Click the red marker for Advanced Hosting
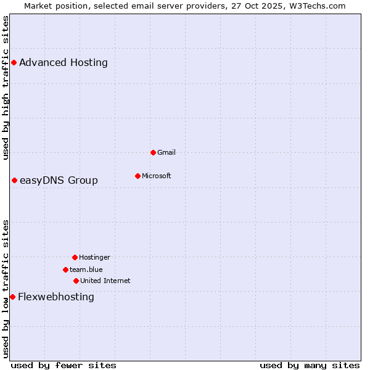click(x=14, y=62)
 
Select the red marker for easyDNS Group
click(x=14, y=180)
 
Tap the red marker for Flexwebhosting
click(x=12, y=297)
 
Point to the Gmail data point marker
click(x=153, y=152)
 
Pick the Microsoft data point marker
click(x=138, y=176)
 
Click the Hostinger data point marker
click(x=75, y=257)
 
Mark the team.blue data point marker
click(x=65, y=269)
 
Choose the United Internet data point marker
click(x=76, y=281)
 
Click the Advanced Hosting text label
click(x=64, y=62)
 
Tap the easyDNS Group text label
click(x=59, y=180)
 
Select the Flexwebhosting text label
click(x=56, y=297)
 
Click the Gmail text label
click(x=166, y=152)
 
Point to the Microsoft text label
click(x=157, y=176)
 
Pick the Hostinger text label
click(x=94, y=257)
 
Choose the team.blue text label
click(x=86, y=269)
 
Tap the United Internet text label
click(x=105, y=281)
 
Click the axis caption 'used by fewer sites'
click(x=64, y=365)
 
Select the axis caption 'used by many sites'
click(x=310, y=365)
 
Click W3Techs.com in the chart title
click(x=316, y=6)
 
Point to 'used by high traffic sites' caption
click(x=6, y=88)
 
